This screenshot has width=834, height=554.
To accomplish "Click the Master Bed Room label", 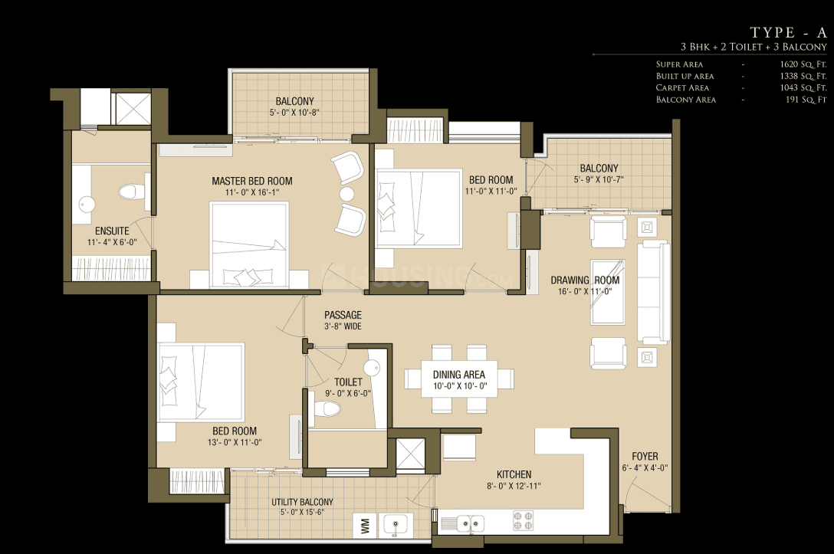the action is pos(252,182).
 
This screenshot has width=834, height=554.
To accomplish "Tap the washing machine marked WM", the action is pos(365,526).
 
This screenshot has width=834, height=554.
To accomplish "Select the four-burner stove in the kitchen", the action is pos(523,521).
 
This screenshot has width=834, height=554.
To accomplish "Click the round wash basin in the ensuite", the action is pos(87,203).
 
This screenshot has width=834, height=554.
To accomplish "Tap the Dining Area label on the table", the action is pos(459,375).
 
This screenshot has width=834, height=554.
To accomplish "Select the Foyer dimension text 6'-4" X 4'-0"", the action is pos(645,468).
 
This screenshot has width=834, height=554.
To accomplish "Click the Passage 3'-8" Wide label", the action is pos(343,320).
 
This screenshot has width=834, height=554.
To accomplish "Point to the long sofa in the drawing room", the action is pos(654,292).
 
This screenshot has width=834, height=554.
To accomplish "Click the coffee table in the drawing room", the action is pos(607,292).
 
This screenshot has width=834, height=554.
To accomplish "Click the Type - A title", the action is pos(788,32).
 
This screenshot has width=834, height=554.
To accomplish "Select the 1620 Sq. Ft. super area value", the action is pos(803,64).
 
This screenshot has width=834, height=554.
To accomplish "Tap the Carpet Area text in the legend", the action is pos(682,87).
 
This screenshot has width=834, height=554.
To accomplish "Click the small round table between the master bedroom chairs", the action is pos(346,194).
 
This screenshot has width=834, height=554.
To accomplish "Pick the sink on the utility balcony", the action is pos(395,526).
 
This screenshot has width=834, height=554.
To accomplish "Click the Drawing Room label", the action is pos(585,280).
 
